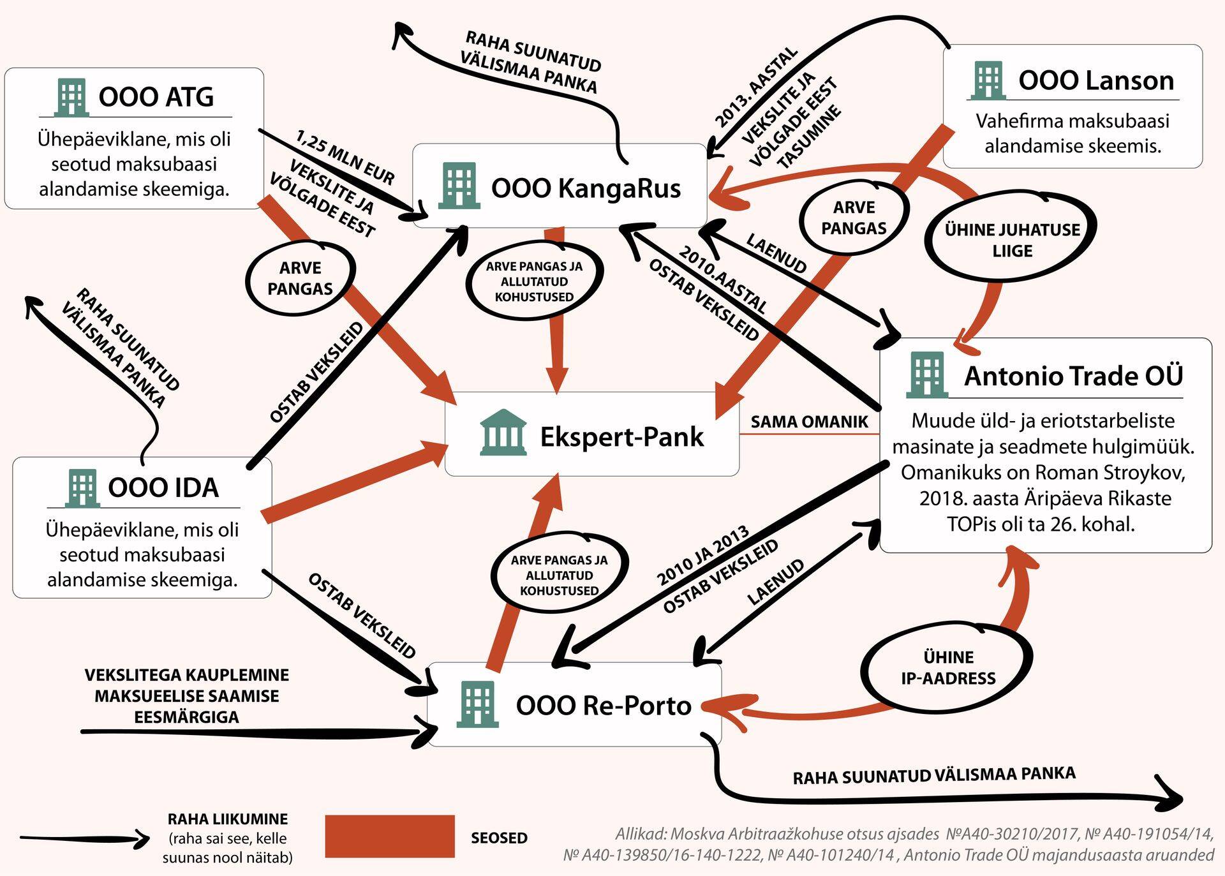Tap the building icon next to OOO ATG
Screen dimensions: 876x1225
[x=70, y=97]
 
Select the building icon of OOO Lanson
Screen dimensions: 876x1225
[x=988, y=80]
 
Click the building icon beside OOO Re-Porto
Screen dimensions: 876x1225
[x=477, y=704]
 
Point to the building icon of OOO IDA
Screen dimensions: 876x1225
[x=82, y=487]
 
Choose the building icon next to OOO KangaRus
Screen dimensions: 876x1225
[x=459, y=186]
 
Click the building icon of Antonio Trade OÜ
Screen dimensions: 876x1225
[x=926, y=375]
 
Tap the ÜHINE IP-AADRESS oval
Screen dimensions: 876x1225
[x=948, y=667]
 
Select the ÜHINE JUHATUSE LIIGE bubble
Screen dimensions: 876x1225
[x=1012, y=239]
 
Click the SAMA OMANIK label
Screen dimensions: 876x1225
[x=809, y=422]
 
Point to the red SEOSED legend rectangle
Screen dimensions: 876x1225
[x=389, y=836]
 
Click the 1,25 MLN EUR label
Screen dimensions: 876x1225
[x=345, y=157]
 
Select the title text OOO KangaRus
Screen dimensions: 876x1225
[x=585, y=188]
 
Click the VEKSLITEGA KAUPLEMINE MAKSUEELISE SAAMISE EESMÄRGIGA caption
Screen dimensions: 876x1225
[x=186, y=695]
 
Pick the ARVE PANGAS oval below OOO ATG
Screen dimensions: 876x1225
[x=300, y=278]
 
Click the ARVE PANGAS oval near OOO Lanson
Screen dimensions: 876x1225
[x=854, y=218]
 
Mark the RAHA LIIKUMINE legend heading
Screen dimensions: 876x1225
[x=227, y=819]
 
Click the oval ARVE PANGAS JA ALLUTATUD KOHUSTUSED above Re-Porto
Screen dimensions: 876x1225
[x=559, y=575]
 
